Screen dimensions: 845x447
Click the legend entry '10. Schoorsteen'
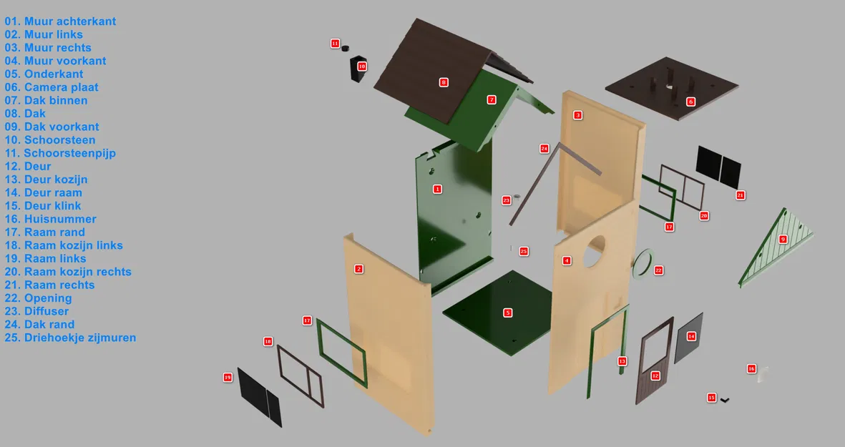[50, 140]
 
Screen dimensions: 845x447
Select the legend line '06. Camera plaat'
[52, 87]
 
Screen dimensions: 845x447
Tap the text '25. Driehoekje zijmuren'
[71, 338]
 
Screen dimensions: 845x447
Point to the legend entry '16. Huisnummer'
[51, 219]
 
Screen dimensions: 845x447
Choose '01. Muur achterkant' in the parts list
[60, 21]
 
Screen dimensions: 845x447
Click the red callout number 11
[335, 43]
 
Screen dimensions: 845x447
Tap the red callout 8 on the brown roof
[444, 82]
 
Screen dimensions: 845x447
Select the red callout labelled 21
[741, 195]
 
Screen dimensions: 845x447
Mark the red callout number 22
[658, 270]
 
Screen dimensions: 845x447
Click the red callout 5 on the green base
[508, 313]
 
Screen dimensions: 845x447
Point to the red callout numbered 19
[228, 378]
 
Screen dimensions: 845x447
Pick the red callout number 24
[544, 149]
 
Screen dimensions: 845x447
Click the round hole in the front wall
[593, 250]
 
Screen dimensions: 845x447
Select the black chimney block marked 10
[357, 69]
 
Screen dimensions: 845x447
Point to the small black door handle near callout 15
[725, 400]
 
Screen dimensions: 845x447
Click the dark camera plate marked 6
[671, 88]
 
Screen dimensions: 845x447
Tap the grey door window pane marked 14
[689, 338]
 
